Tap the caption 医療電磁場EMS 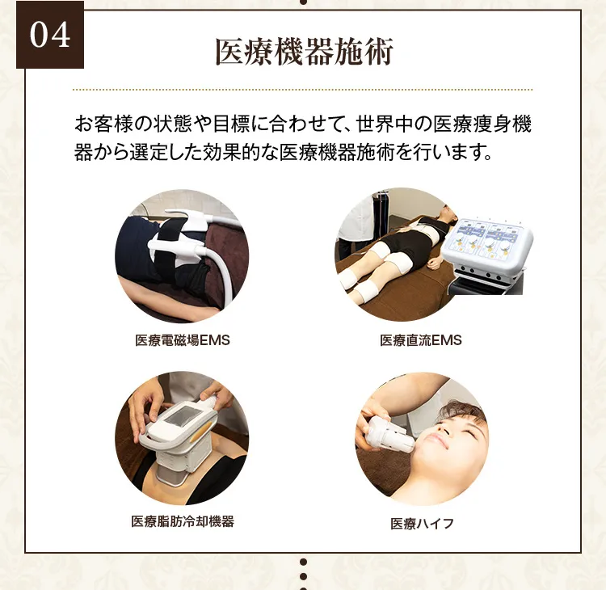(183, 340)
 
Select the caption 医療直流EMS (421, 340)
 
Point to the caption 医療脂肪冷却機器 (183, 521)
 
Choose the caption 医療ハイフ (422, 523)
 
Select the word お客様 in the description (102, 125)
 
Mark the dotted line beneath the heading (303, 89)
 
